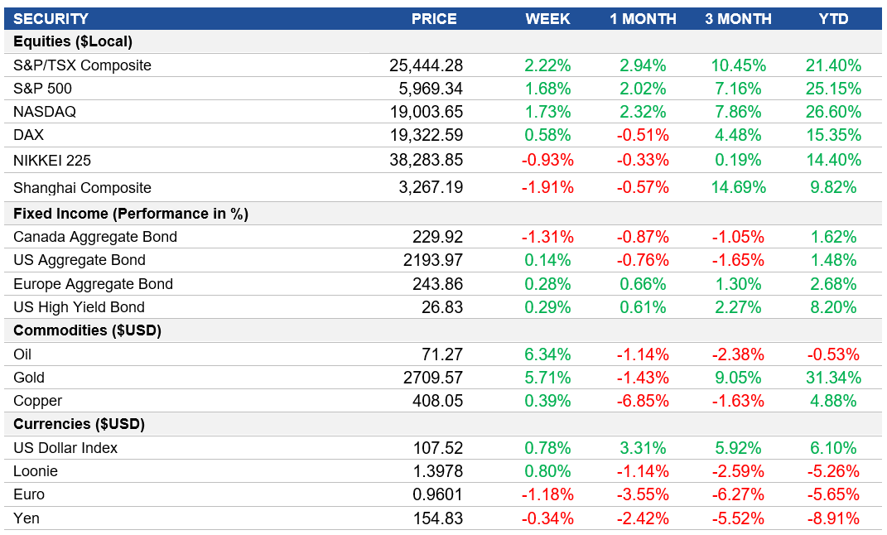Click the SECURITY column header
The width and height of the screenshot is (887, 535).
[x=51, y=18]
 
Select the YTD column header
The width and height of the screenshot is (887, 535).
[x=833, y=18]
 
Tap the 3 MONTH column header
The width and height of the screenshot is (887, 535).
[x=738, y=18]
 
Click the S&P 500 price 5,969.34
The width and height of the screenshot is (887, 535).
[x=426, y=89]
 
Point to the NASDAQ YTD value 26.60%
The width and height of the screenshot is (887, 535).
[x=833, y=112]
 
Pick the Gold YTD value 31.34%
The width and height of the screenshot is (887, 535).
[x=833, y=378]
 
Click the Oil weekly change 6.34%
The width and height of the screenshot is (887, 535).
[x=547, y=354]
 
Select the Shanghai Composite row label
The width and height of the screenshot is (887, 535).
[x=82, y=188]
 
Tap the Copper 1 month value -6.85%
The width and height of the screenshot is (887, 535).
[x=642, y=401]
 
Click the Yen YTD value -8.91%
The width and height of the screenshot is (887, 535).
[x=833, y=519]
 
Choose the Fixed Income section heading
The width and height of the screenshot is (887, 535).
[x=131, y=214]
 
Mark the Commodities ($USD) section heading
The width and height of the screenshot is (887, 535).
[x=87, y=330]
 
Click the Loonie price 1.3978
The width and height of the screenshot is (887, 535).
[x=437, y=471]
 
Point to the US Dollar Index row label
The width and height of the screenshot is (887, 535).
[x=65, y=448]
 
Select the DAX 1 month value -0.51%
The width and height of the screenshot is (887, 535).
[x=642, y=135]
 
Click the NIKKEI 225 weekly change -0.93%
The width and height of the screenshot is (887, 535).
[x=547, y=160]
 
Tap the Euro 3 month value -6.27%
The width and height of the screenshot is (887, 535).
[x=738, y=494]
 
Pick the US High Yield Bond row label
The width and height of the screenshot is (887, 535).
[x=79, y=307]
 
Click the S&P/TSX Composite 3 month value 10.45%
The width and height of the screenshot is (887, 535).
[x=738, y=65]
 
